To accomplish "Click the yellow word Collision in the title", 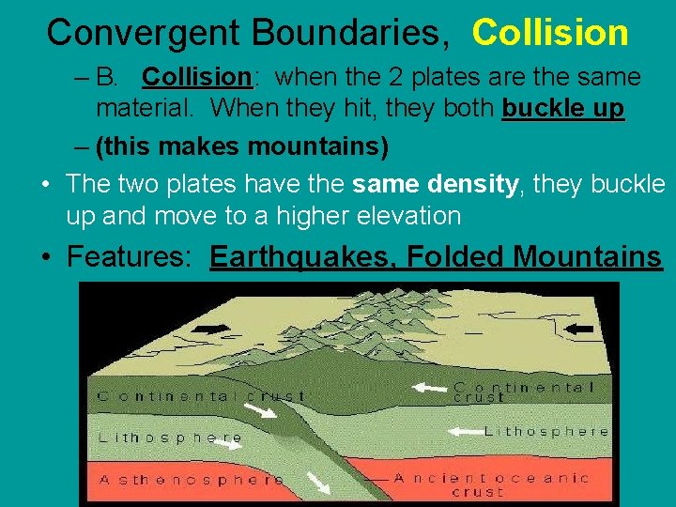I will coord(550,32).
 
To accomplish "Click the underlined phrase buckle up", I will coord(562,109).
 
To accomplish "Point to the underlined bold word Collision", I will coord(197,77).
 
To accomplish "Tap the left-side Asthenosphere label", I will coord(192,480).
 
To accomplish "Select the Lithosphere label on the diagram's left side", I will coord(170,438).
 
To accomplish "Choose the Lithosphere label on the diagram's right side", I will coord(546,432).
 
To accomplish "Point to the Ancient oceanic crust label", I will coord(491,484).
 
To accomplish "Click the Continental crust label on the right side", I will coord(523,391).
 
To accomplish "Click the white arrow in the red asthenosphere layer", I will coord(320,484).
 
